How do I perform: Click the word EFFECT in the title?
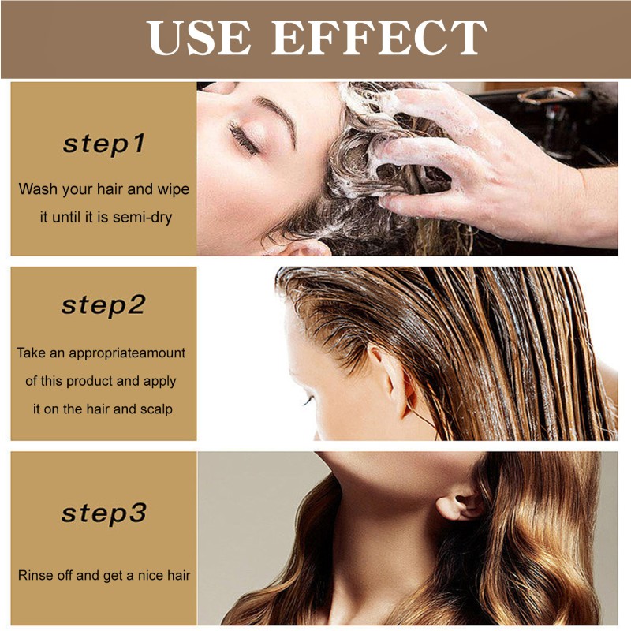[379, 37]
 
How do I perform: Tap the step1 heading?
[104, 144]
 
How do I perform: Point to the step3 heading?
[104, 513]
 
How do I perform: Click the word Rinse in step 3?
[34, 575]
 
